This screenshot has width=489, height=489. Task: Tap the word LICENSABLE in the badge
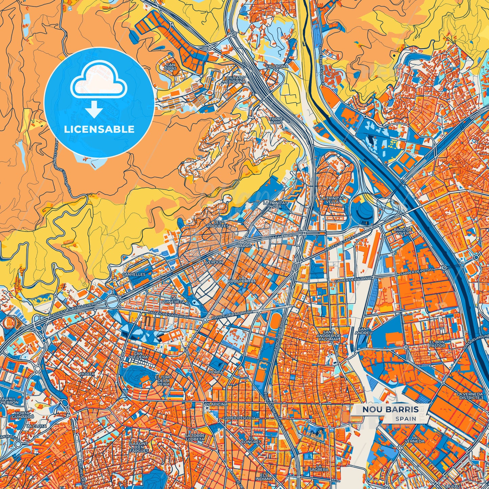pos(99,129)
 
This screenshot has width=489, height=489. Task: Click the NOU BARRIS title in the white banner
pos(391,409)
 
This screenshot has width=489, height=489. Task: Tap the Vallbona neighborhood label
pos(277,66)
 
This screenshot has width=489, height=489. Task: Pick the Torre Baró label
pos(276,120)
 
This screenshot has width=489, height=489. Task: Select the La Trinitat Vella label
pos(332,200)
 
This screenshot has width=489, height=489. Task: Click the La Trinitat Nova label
pos(275,204)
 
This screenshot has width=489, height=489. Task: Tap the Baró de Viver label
pos(403,231)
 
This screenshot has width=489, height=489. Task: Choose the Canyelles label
pos(134,274)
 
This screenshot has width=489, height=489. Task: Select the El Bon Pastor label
pos(437,344)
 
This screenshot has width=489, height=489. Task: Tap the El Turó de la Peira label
pos(163,380)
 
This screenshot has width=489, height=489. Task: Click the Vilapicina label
pos(216,404)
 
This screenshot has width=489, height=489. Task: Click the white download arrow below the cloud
pos(95,110)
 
